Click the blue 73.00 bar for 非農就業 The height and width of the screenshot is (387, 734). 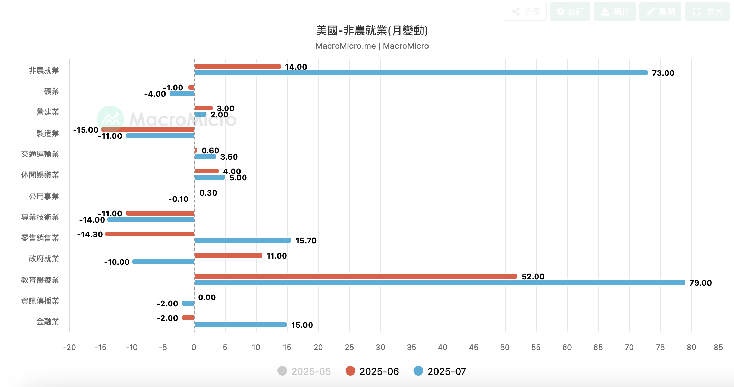click(x=421, y=73)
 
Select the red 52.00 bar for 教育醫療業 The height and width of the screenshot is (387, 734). click(x=356, y=276)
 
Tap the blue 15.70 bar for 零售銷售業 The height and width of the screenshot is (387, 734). click(x=243, y=240)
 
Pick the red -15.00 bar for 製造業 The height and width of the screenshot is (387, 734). click(x=148, y=129)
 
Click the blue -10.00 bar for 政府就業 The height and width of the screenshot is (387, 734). click(x=163, y=262)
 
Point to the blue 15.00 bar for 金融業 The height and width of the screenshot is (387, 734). click(x=241, y=325)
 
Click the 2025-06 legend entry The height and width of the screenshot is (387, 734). click(x=373, y=371)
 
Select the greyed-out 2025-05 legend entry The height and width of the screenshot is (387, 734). click(x=304, y=371)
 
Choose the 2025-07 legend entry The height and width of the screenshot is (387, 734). click(x=440, y=371)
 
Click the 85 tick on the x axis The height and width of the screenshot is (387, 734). click(x=718, y=348)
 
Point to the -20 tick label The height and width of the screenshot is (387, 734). click(x=69, y=348)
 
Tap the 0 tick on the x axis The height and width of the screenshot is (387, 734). click(x=194, y=348)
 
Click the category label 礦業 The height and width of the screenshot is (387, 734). click(x=51, y=91)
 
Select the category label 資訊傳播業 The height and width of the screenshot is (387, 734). click(x=40, y=301)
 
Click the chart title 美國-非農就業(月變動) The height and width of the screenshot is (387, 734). click(x=372, y=30)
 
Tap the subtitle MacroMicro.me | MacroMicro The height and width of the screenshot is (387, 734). click(x=372, y=46)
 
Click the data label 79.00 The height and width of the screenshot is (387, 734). click(x=700, y=283)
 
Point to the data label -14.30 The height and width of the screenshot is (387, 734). click(x=90, y=234)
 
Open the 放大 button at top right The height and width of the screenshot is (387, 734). click(x=707, y=12)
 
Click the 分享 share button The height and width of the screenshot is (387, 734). click(x=525, y=12)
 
